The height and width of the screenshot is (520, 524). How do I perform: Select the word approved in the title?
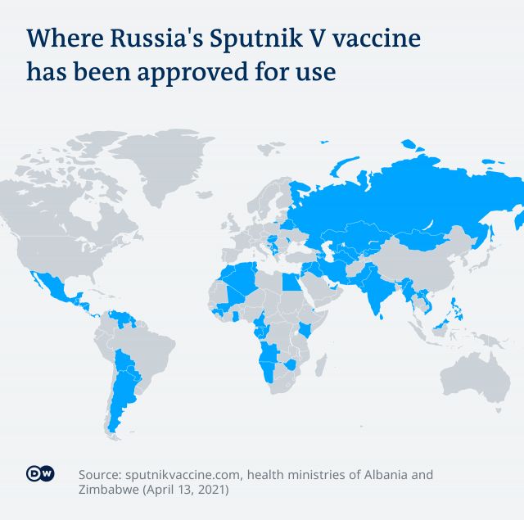point(186,72)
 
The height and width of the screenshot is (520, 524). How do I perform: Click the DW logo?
point(40,475)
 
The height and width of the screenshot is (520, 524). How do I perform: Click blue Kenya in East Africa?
point(305,329)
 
